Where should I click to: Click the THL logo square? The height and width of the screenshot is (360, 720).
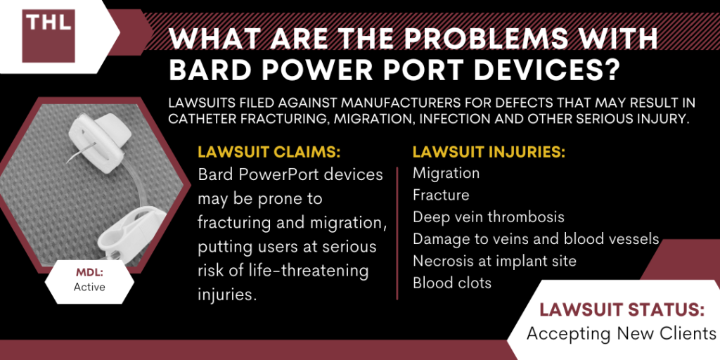pos(49,36)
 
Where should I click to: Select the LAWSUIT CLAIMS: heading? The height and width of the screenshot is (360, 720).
pos(269,153)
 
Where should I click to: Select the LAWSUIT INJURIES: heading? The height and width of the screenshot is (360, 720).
pos(489,153)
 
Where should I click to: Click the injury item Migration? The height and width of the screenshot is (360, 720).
pos(446,173)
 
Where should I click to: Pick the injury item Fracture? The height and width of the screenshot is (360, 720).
pos(441,195)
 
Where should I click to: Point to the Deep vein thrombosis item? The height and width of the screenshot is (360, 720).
pos(489,217)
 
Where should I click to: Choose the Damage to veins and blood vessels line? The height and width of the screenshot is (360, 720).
pos(536,239)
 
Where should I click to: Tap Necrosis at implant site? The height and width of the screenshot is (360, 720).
pos(494,261)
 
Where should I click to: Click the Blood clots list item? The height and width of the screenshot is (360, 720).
pos(452,283)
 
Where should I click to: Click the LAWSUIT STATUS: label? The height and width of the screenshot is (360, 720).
pos(622,310)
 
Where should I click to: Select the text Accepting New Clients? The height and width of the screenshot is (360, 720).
pos(621,333)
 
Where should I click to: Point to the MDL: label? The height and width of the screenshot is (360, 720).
pos(89,274)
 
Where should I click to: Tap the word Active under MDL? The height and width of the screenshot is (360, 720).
pos(89,287)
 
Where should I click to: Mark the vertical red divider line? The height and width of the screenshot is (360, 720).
pos(397,233)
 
